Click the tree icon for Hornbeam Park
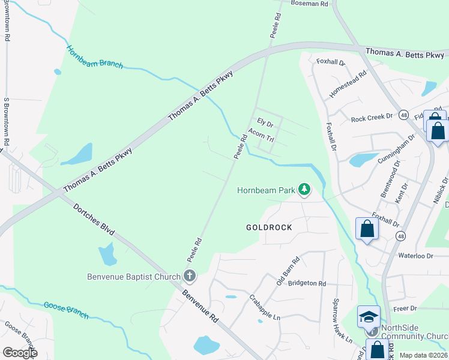[x=305, y=190]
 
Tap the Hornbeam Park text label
[x=267, y=190]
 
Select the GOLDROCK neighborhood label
[x=269, y=227]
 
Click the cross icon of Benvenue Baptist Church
[x=189, y=277]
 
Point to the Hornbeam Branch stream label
[x=94, y=57]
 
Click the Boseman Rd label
[x=310, y=4]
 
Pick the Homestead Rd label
[x=348, y=86]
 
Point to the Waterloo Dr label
[x=415, y=256]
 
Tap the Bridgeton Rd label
[x=307, y=283]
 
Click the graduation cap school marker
[x=369, y=316]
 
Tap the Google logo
[x=20, y=352]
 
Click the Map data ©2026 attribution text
[x=423, y=355]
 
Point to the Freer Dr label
[x=405, y=308]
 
